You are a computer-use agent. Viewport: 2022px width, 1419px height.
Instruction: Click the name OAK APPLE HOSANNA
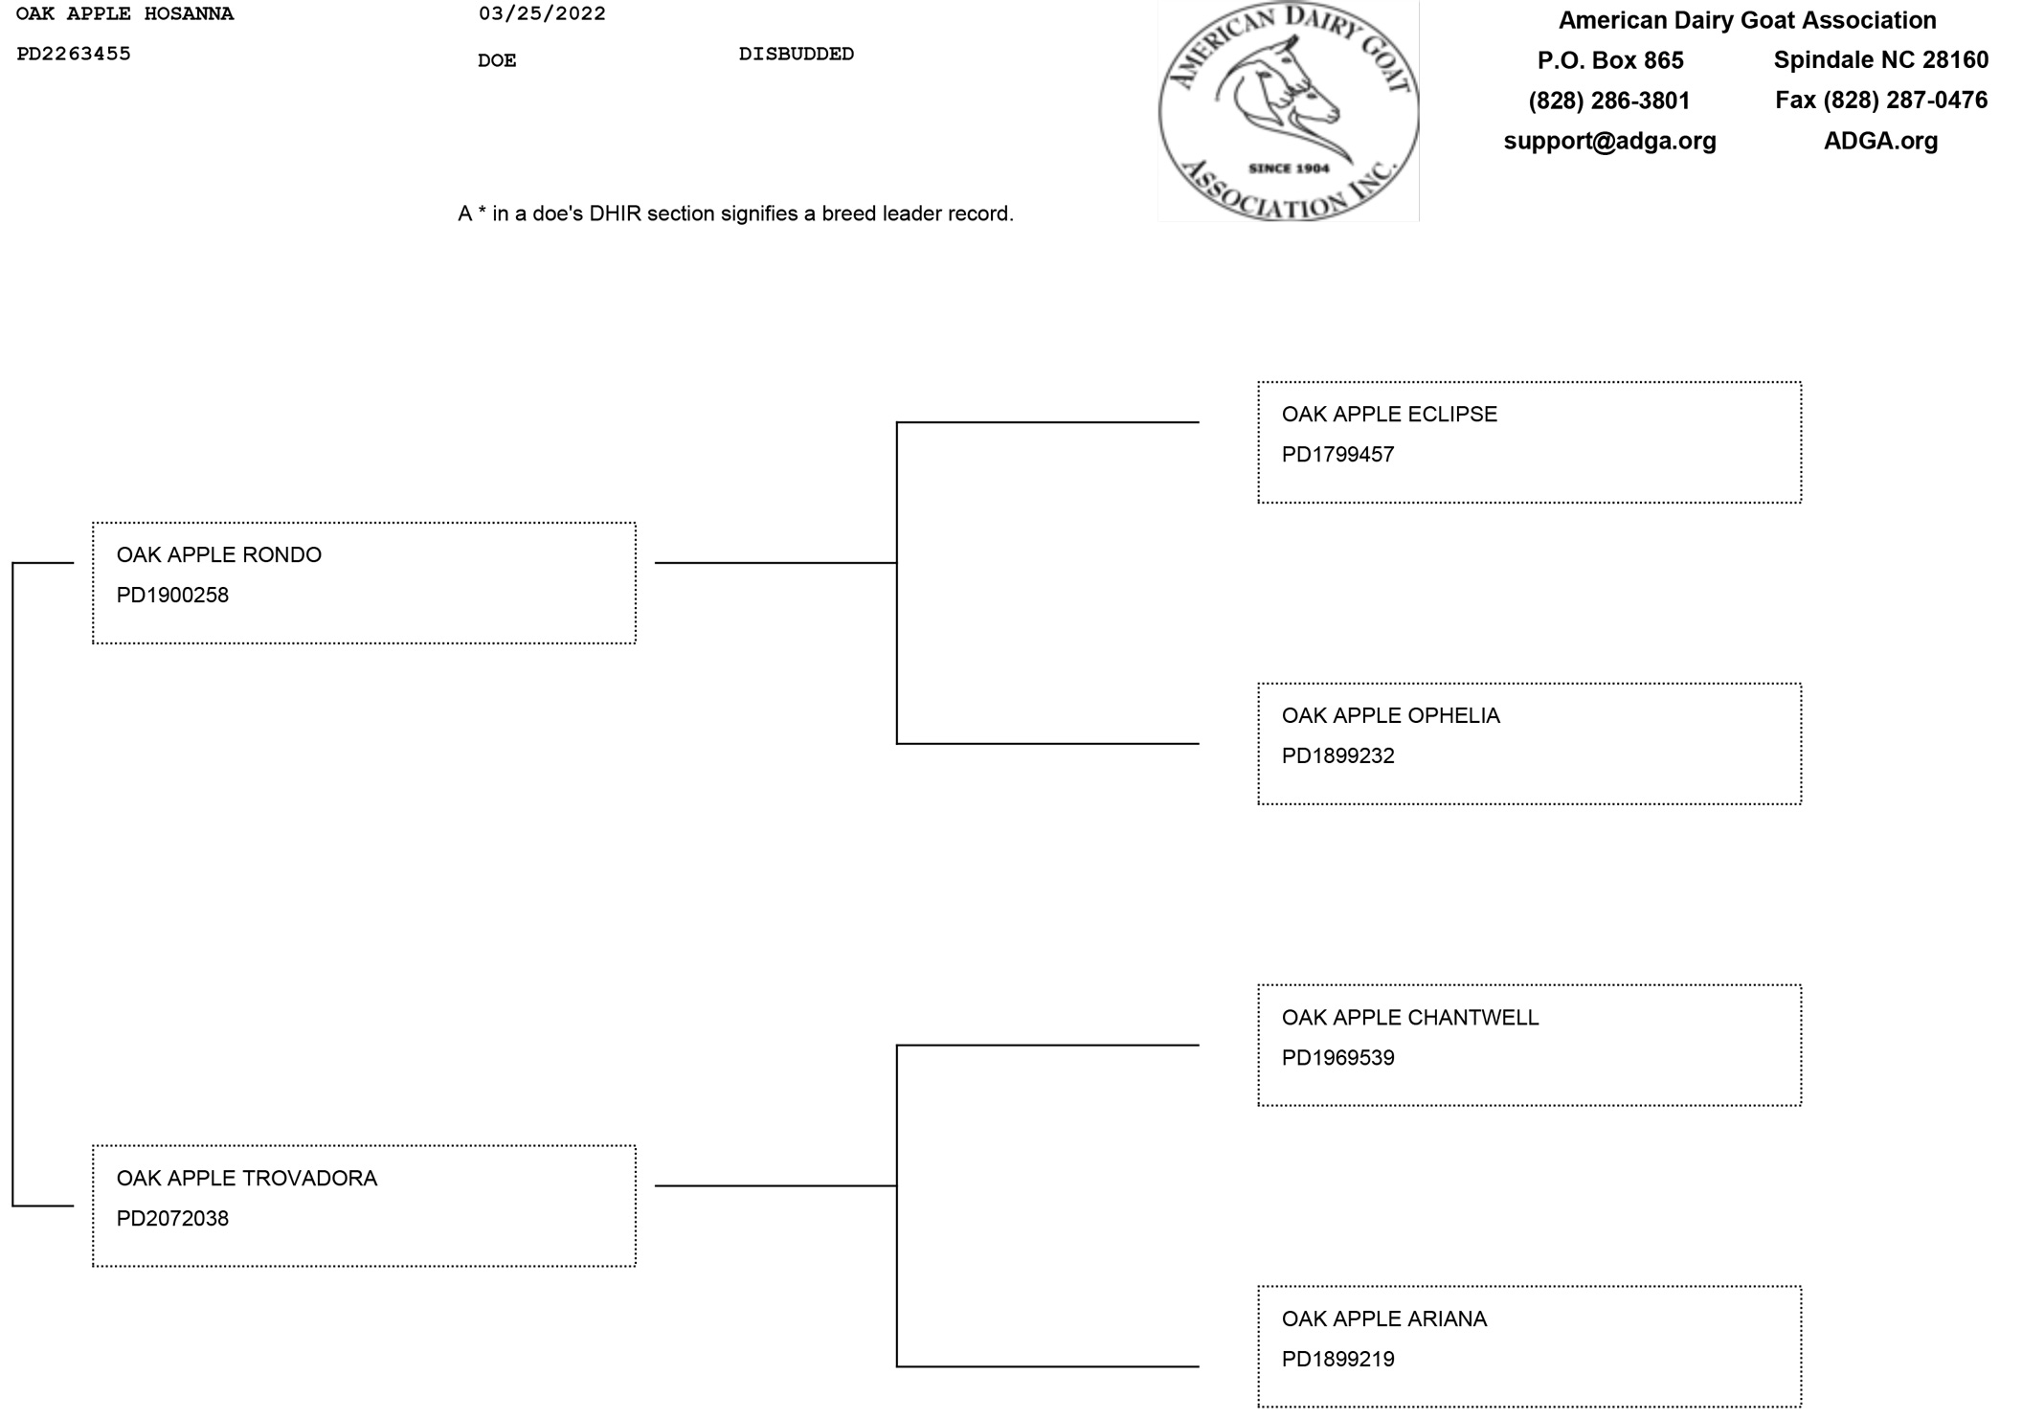pyautogui.click(x=124, y=14)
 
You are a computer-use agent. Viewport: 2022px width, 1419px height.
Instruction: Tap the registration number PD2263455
pyautogui.click(x=74, y=55)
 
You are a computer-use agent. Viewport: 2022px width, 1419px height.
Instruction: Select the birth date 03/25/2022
pyautogui.click(x=542, y=14)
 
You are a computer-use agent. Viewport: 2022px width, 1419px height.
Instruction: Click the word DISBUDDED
pyautogui.click(x=796, y=55)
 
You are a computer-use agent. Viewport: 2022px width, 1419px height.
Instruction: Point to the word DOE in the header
pyautogui.click(x=497, y=61)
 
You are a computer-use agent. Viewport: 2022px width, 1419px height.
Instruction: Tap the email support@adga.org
pyautogui.click(x=1609, y=141)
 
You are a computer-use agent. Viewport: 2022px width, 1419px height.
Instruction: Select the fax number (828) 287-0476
pyautogui.click(x=1880, y=101)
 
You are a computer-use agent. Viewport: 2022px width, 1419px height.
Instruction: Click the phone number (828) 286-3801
pyautogui.click(x=1608, y=101)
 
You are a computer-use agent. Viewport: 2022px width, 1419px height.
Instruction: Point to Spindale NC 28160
pyautogui.click(x=1880, y=60)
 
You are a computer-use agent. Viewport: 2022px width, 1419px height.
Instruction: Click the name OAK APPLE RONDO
pyautogui.click(x=218, y=555)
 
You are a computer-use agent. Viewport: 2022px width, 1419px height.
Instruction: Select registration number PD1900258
pyautogui.click(x=172, y=596)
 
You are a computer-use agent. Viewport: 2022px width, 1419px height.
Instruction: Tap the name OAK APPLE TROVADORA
pyautogui.click(x=247, y=1179)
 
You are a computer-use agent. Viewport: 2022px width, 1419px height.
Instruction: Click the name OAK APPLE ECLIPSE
pyautogui.click(x=1388, y=415)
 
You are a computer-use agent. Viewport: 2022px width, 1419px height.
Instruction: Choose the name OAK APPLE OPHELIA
pyautogui.click(x=1390, y=716)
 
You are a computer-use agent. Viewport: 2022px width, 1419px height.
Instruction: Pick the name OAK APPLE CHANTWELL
pyautogui.click(x=1409, y=1018)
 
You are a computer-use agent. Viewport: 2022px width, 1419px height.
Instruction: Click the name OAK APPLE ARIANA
pyautogui.click(x=1383, y=1319)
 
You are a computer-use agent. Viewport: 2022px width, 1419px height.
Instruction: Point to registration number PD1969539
pyautogui.click(x=1337, y=1058)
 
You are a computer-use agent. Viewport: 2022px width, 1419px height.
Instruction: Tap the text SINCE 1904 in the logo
pyautogui.click(x=1289, y=169)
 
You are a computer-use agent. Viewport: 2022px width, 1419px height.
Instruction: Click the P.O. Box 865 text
pyautogui.click(x=1609, y=60)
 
